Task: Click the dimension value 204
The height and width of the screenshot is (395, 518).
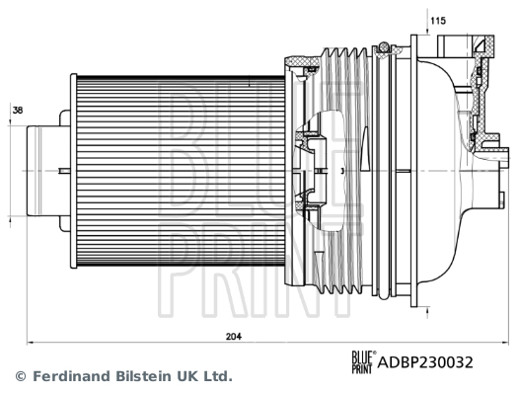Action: coord(234,337)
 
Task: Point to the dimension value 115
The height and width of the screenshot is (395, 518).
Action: coord(438,21)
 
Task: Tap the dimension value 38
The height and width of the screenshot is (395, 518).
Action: coord(18,111)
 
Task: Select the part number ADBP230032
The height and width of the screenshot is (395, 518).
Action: coord(425,362)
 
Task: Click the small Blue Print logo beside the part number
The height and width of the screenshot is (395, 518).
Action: coord(363,362)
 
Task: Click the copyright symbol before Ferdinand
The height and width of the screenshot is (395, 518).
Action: coord(21,376)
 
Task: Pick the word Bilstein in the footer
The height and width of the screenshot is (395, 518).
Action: coord(144,376)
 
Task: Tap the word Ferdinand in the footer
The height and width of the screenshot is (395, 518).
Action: coord(71,376)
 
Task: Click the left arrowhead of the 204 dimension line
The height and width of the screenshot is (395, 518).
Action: coord(30,343)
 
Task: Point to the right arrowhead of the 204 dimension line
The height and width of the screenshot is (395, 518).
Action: coord(505,343)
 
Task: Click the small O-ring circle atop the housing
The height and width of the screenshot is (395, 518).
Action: coord(384,47)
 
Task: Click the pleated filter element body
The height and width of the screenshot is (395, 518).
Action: coord(181,171)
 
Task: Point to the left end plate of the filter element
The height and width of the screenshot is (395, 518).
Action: coord(73,171)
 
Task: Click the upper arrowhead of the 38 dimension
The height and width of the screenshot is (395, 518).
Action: coord(10,123)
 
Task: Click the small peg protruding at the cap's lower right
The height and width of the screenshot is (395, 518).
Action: coord(502,200)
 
